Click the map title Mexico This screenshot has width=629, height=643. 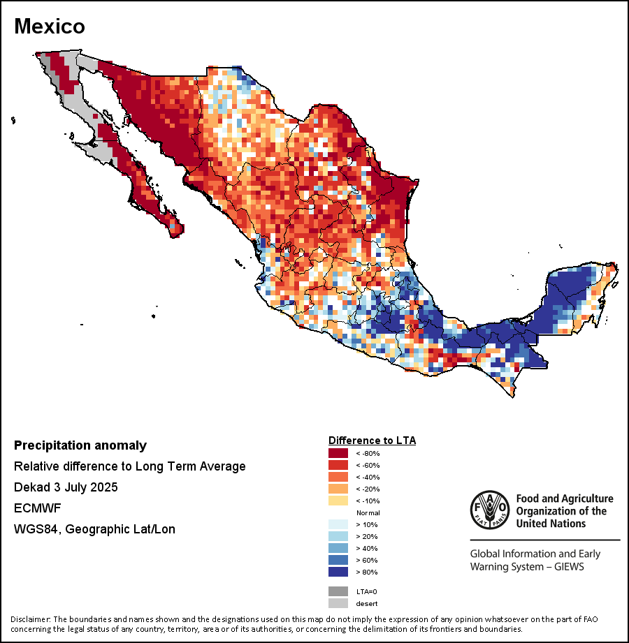click(50, 27)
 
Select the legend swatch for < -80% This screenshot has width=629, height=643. click(338, 453)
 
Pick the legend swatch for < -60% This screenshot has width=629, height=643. click(338, 465)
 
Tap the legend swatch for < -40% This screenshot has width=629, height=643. click(338, 477)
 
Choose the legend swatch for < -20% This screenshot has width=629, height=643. click(338, 489)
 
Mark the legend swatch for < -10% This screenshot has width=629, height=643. click(338, 501)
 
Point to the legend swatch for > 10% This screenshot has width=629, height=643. click(338, 524)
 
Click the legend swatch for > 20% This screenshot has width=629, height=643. click(338, 536)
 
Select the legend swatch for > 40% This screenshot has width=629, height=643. click(338, 548)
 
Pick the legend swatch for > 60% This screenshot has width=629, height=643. click(338, 560)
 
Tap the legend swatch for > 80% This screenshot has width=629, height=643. click(338, 572)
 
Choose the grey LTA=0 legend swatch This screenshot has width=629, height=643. click(338, 591)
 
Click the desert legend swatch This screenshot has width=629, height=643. click(338, 603)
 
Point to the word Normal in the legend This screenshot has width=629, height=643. click(368, 512)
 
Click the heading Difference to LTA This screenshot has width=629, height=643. click(372, 441)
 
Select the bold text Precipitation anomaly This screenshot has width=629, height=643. click(80, 445)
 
